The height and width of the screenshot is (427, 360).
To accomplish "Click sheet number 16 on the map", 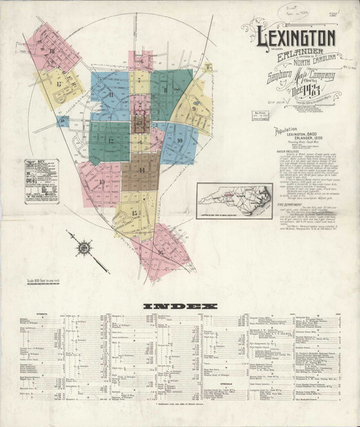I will [x=161, y=251].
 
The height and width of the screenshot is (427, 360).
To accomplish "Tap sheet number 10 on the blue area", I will [x=180, y=140].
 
